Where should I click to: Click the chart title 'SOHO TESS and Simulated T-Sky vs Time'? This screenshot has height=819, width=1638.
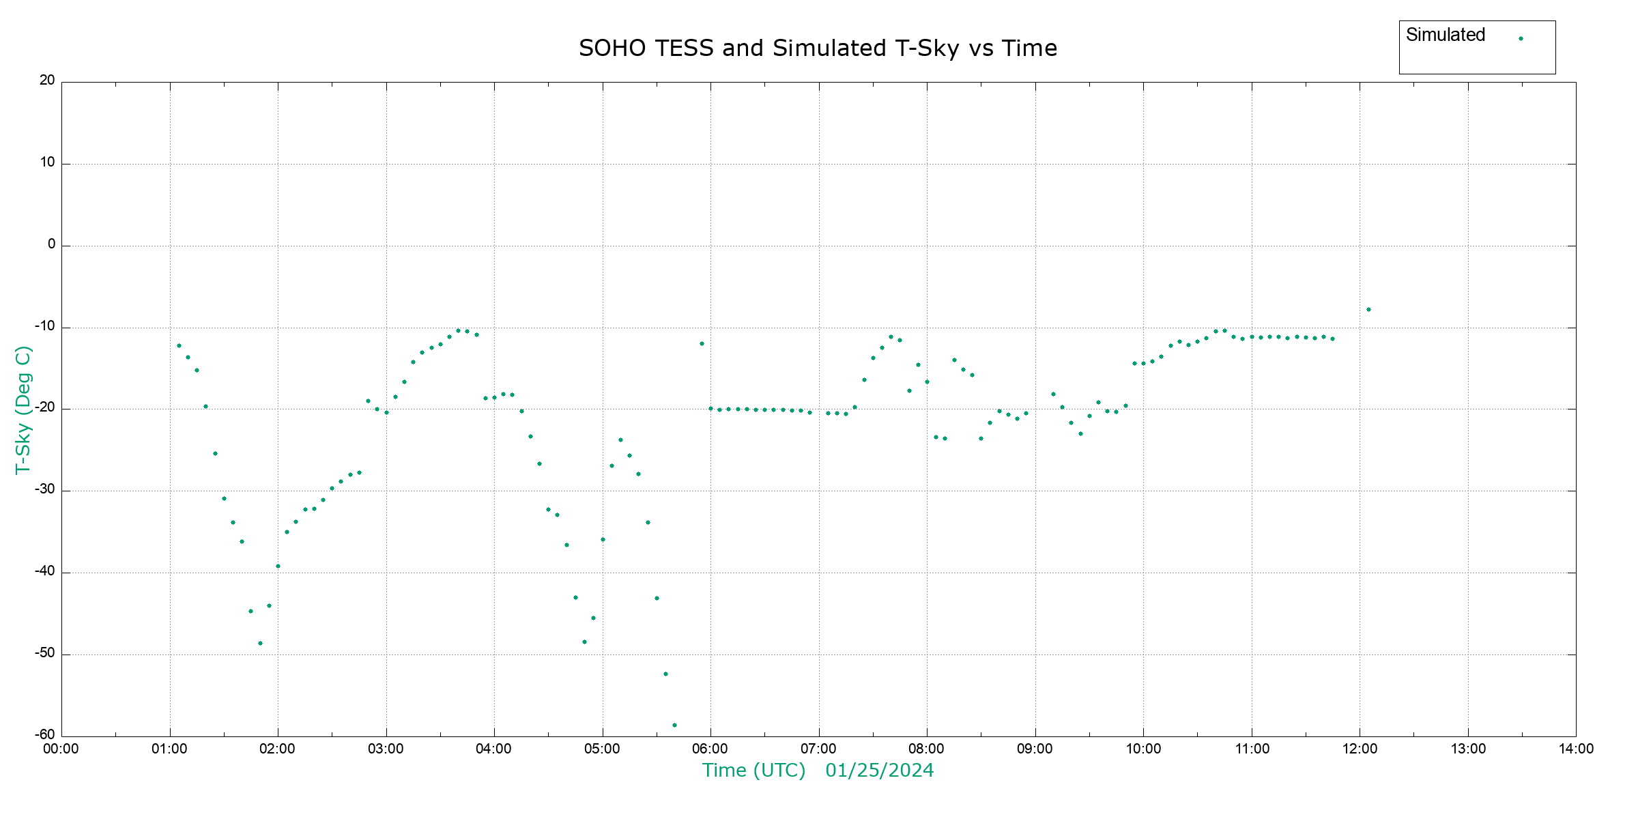click(818, 48)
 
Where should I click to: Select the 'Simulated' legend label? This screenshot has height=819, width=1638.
click(1445, 35)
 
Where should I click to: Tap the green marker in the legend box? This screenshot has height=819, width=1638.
click(1521, 38)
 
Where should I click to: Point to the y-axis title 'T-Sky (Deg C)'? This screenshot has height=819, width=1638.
click(23, 409)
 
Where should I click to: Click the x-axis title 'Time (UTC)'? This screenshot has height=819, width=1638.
click(753, 771)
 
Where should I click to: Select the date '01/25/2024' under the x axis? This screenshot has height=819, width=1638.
click(879, 771)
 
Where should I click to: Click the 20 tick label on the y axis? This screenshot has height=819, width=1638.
click(47, 81)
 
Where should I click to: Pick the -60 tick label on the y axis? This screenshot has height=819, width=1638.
click(45, 735)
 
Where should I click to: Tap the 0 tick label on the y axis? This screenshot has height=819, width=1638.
click(51, 244)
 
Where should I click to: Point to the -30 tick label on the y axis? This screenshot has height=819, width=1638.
click(45, 489)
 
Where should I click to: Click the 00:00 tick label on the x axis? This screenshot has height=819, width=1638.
click(61, 749)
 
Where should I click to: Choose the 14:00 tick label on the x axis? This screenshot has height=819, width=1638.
click(1576, 749)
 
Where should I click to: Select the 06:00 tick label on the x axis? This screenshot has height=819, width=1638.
click(710, 749)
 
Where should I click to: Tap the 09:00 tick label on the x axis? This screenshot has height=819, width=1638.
click(1035, 749)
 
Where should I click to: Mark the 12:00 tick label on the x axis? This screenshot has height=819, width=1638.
click(1360, 749)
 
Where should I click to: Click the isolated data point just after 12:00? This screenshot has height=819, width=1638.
click(1368, 310)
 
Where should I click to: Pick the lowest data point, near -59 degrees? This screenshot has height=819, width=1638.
click(674, 725)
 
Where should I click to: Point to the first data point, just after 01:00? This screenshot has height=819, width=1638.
click(179, 346)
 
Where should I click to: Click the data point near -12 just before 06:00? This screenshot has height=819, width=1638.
click(702, 344)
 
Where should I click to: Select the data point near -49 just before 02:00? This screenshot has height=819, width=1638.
click(260, 644)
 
